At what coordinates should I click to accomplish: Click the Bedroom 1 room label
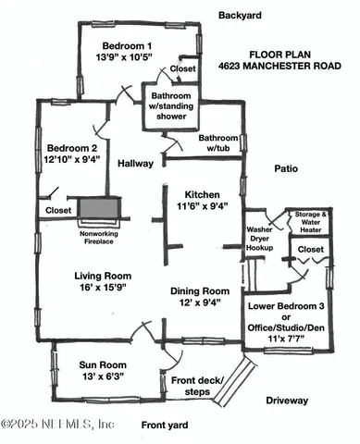coord(127,46)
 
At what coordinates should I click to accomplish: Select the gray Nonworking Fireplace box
coord(97,209)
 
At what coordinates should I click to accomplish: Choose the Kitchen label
coord(201,195)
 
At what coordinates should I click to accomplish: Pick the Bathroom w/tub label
coord(218,143)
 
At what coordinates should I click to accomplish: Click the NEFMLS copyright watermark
coord(57,424)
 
